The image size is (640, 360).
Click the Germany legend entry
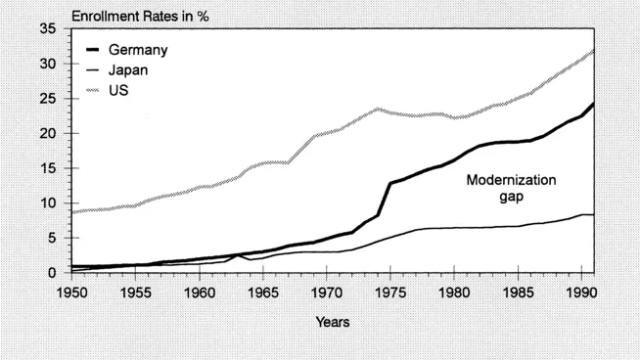coord(137,50)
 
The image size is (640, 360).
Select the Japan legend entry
coord(130,69)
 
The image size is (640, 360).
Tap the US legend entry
coord(117,89)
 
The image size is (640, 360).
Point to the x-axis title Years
coord(333,321)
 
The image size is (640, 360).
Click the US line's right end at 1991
coord(594,50)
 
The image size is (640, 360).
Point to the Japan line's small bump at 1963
coord(238,255)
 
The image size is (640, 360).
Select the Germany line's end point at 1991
coord(594,104)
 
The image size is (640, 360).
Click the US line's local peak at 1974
coord(378,109)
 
